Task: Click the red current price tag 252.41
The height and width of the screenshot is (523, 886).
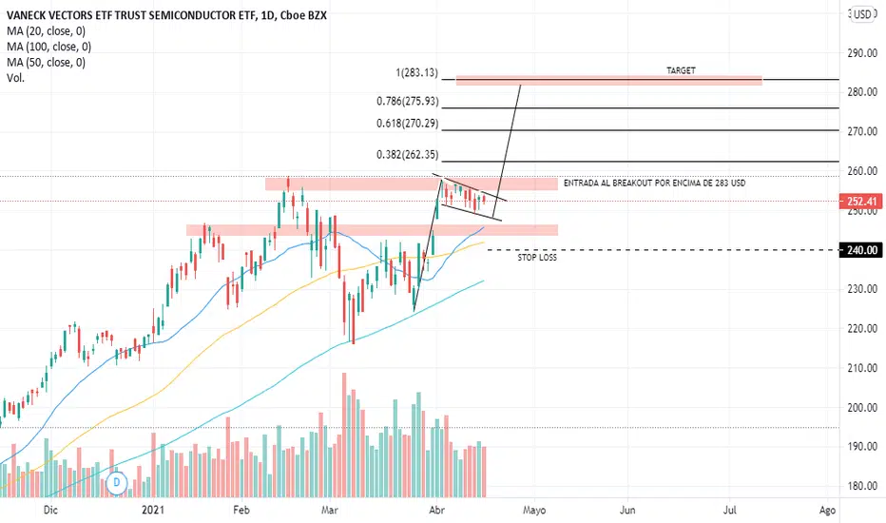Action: [x=861, y=201]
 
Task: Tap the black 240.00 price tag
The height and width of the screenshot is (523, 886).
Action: [x=861, y=249]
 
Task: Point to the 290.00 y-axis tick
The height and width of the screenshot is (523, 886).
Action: [x=861, y=53]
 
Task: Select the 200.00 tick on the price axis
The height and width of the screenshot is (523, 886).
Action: [x=861, y=407]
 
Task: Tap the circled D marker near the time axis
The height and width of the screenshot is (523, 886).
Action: [x=117, y=483]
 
